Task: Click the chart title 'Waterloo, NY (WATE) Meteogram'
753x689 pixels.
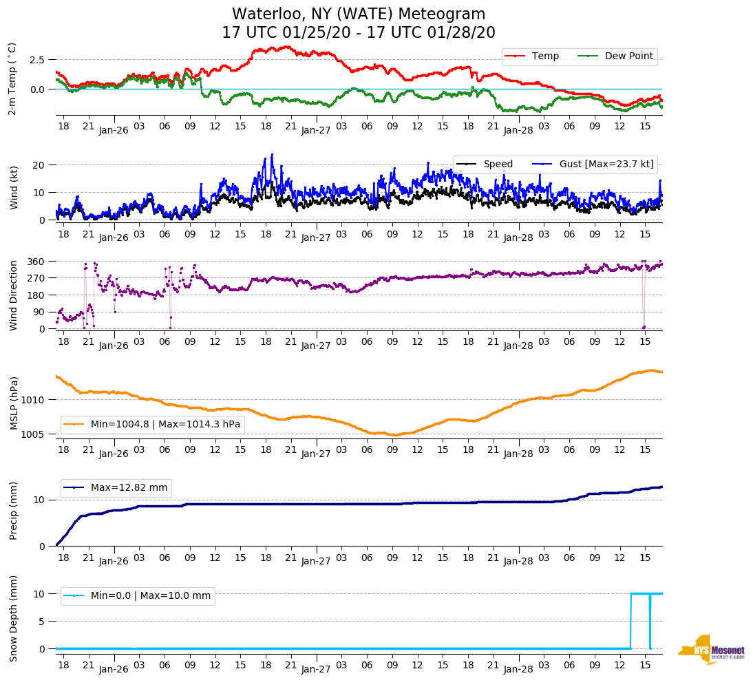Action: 359,14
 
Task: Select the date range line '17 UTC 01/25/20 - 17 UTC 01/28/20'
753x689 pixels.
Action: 359,33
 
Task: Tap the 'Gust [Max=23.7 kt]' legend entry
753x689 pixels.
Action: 606,164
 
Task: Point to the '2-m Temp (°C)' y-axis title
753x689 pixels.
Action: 12,78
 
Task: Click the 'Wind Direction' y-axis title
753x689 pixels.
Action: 13,295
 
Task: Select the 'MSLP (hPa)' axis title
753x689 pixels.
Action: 13,403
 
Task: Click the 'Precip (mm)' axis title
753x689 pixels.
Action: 13,510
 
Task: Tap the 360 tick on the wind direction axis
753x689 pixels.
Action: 36,262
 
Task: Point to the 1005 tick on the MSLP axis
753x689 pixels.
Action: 34,434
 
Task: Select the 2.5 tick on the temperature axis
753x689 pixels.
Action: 37,60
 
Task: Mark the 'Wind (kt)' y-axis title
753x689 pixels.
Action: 13,187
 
